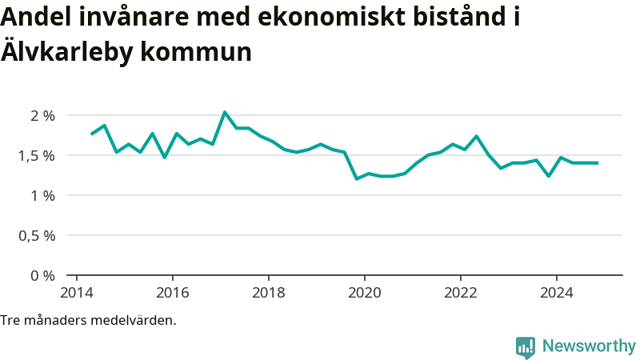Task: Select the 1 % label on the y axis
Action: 42,195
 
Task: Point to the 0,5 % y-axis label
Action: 37,235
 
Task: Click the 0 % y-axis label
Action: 42,275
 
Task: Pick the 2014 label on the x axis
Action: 77,292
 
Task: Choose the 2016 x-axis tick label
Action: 173,292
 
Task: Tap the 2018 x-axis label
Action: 269,292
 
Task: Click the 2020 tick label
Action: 365,292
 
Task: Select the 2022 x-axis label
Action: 461,292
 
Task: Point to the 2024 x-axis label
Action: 557,292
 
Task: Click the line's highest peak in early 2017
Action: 225,112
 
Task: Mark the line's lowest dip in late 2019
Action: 357,178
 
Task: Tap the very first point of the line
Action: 92,134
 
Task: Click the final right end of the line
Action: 598,163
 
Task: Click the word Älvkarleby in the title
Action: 66,52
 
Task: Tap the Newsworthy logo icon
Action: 526,346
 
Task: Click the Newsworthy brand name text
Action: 589,346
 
